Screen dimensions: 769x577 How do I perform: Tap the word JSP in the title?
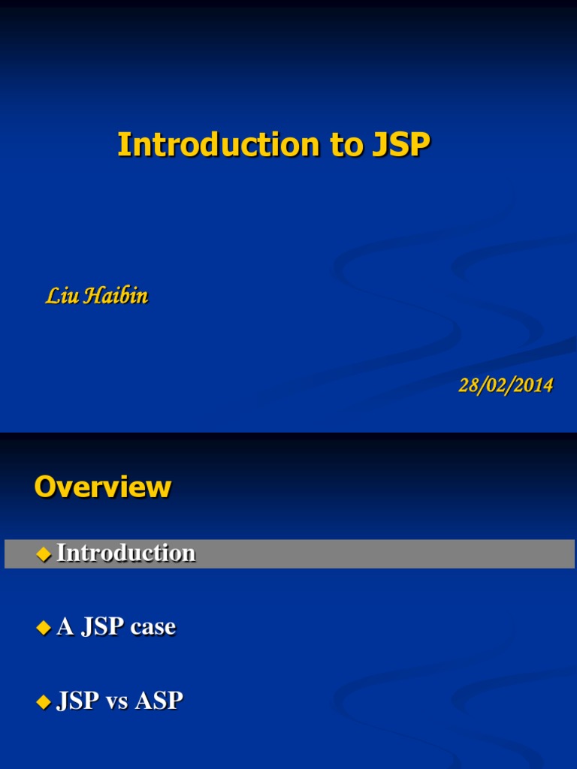click(399, 145)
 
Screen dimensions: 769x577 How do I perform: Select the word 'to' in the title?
click(346, 145)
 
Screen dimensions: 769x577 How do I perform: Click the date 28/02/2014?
click(506, 386)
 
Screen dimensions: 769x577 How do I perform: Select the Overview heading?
click(103, 487)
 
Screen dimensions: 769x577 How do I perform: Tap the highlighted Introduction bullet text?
click(126, 553)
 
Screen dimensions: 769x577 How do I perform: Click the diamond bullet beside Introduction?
click(44, 554)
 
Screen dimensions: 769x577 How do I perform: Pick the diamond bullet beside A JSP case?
click(44, 628)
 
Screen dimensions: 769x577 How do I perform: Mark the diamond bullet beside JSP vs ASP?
click(44, 702)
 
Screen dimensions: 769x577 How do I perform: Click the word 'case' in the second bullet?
click(153, 627)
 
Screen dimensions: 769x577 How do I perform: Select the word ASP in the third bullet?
click(159, 701)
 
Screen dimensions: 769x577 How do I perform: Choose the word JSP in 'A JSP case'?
click(102, 627)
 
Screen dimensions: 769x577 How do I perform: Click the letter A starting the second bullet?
click(65, 627)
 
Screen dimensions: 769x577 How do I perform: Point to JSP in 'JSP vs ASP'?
click(78, 701)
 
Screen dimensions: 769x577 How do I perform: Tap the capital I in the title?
click(122, 145)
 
